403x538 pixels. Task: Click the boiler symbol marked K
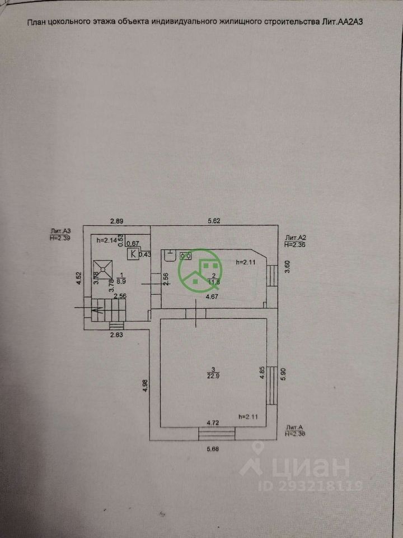133,254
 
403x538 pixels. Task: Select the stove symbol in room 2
185,256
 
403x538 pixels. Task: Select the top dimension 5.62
213,221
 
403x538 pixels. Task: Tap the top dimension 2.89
116,221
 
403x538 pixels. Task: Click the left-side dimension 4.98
146,386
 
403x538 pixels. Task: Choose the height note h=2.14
106,240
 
